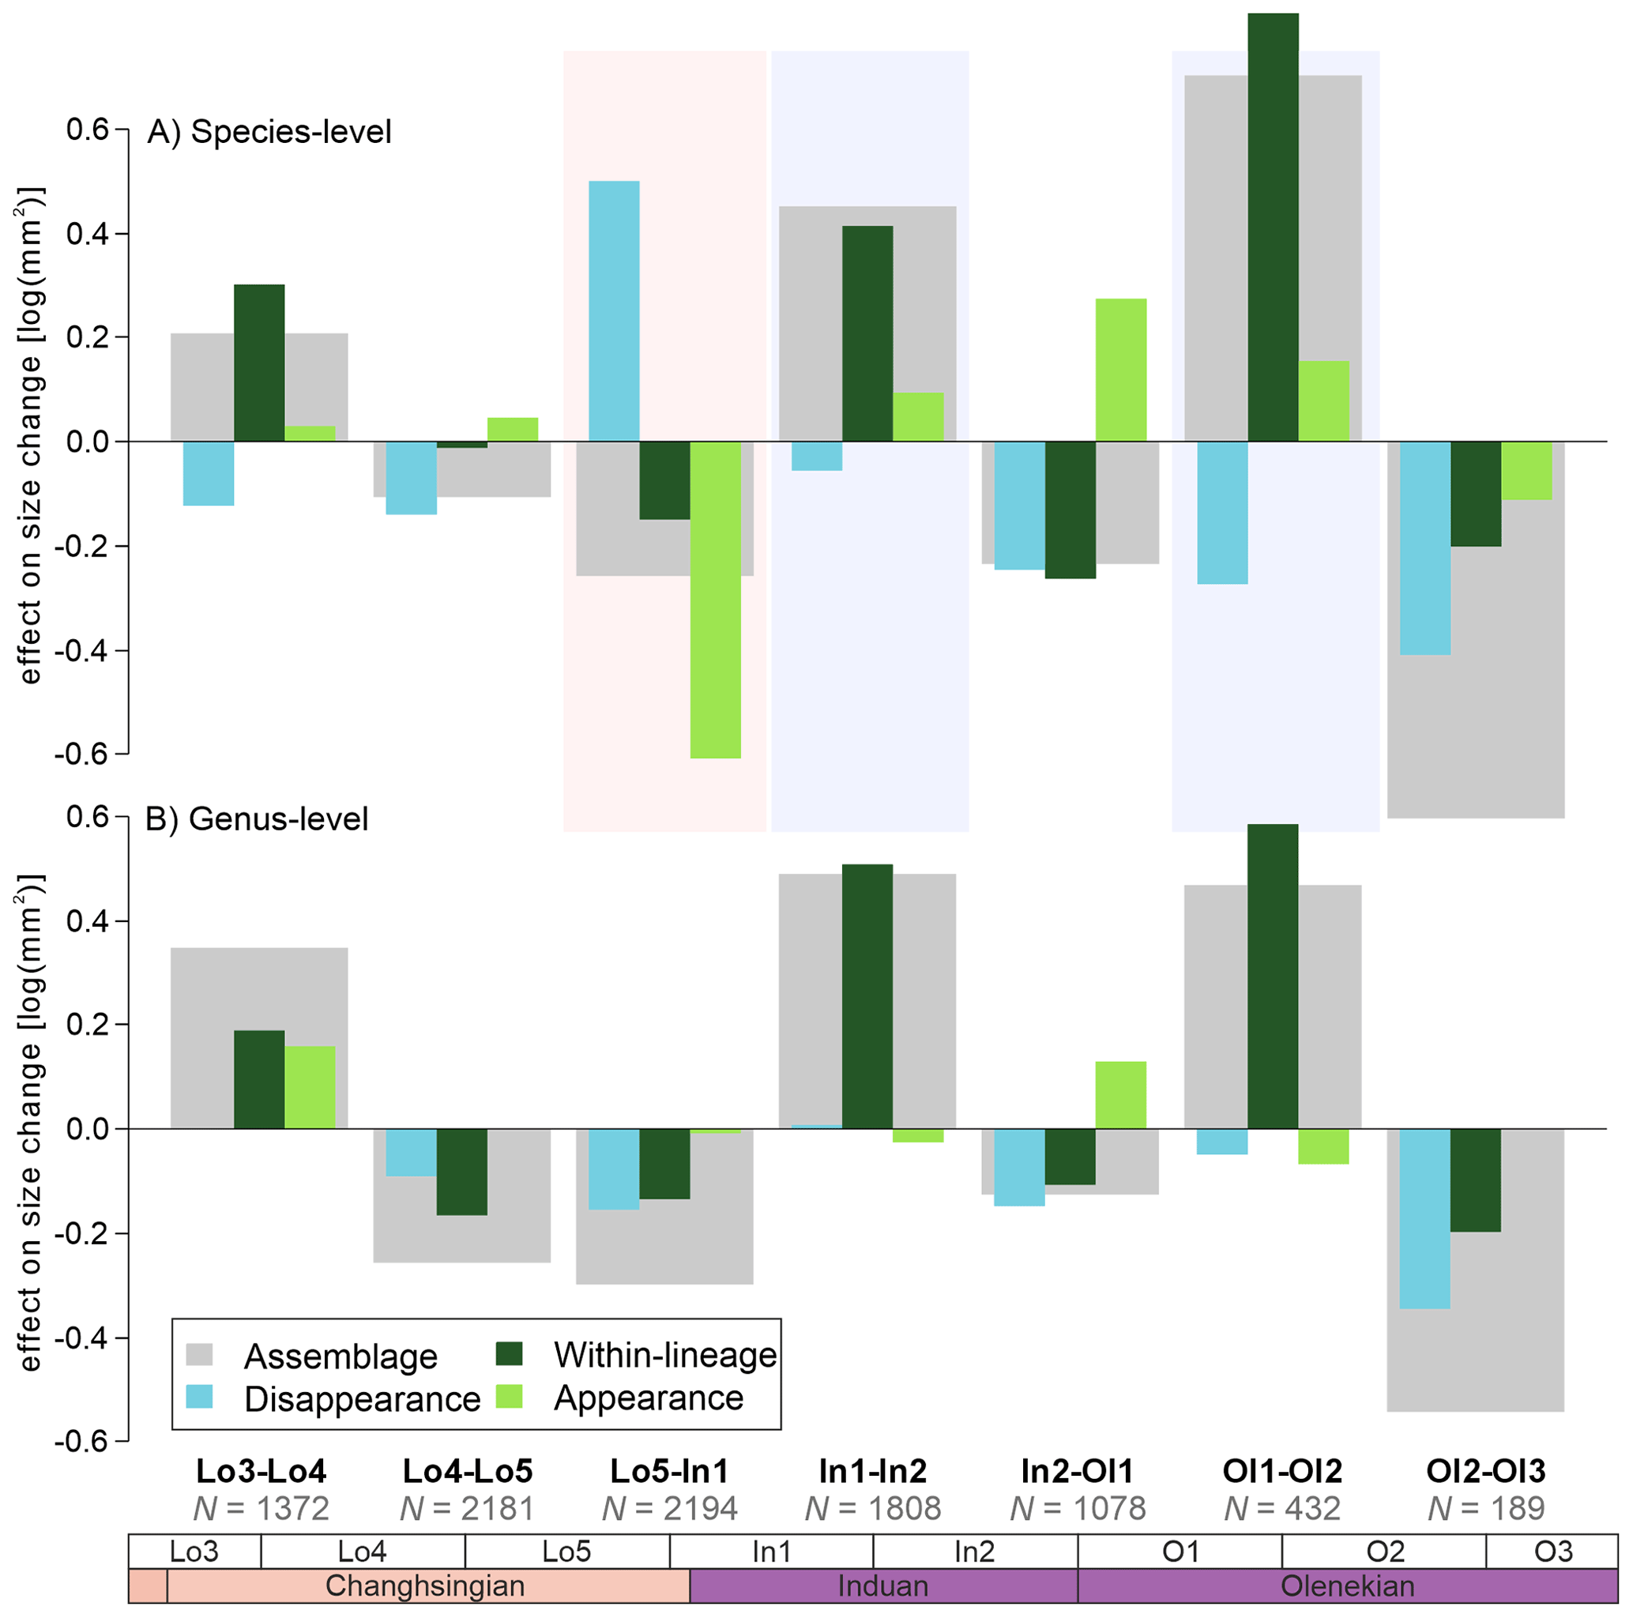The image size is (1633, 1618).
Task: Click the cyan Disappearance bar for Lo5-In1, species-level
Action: pyautogui.click(x=614, y=311)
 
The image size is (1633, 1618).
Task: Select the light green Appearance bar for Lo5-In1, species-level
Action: pyautogui.click(x=715, y=599)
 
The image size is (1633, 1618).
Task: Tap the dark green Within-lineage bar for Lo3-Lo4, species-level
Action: pyautogui.click(x=258, y=363)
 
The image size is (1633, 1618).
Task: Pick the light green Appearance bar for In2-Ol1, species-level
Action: pyautogui.click(x=1121, y=370)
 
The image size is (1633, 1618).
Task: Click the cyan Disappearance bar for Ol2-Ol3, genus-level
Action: pyautogui.click(x=1425, y=1218)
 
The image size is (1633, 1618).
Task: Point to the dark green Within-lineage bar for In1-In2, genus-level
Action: pyautogui.click(x=867, y=995)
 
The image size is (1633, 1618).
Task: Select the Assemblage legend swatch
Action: pyautogui.click(x=198, y=1355)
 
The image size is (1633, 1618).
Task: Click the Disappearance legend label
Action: pyautogui.click(x=362, y=1399)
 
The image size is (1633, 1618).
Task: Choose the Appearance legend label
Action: pyautogui.click(x=649, y=1398)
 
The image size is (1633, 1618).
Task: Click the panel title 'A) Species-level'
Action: pyautogui.click(x=269, y=132)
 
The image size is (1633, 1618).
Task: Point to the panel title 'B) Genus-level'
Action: pyautogui.click(x=257, y=818)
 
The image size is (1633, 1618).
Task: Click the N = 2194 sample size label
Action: pyautogui.click(x=669, y=1508)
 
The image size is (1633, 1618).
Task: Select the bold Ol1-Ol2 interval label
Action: pyautogui.click(x=1282, y=1471)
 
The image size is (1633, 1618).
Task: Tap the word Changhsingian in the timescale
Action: pyautogui.click(x=425, y=1586)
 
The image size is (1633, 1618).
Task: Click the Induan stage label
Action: pyautogui.click(x=882, y=1586)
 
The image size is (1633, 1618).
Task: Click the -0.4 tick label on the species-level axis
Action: pyautogui.click(x=81, y=651)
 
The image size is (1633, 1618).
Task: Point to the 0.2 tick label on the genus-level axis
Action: pyautogui.click(x=88, y=1025)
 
